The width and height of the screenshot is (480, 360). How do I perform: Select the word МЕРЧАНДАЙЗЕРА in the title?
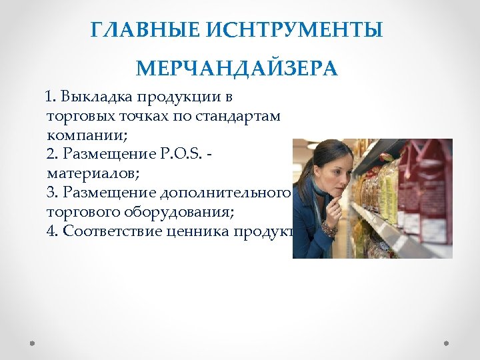[x=237, y=69]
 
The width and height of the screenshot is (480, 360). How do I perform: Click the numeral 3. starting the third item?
[x=54, y=193]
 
